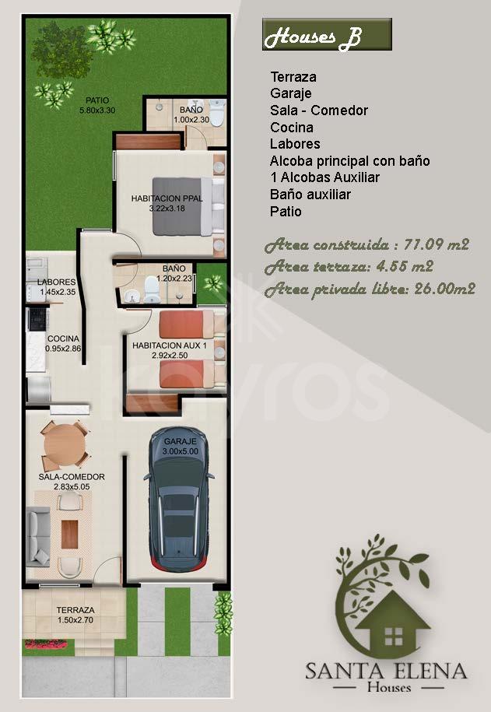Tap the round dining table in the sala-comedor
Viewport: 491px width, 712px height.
[x=65, y=445]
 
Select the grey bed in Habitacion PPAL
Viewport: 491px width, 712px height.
[x=188, y=206]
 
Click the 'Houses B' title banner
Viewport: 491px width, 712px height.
[x=327, y=34]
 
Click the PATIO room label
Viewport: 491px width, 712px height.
[x=97, y=100]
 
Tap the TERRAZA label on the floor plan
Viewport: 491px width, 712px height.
[x=75, y=610]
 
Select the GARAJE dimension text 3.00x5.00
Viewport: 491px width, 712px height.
[x=181, y=451]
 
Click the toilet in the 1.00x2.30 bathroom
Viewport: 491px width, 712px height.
[x=218, y=113]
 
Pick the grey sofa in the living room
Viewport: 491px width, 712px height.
[x=37, y=537]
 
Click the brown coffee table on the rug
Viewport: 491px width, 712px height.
[x=69, y=534]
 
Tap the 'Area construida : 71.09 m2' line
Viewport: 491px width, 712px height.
[x=366, y=245]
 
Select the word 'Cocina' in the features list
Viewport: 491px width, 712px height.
[x=292, y=127]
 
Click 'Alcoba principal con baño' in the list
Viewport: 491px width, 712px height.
[x=349, y=161]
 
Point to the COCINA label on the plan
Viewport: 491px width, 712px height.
[x=63, y=338]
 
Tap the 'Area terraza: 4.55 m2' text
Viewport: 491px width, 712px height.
[x=349, y=267]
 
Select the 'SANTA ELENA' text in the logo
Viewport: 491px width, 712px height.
[x=386, y=671]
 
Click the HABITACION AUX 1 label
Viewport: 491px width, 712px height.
[x=170, y=345]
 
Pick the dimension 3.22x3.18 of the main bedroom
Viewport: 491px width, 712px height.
[x=167, y=209]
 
